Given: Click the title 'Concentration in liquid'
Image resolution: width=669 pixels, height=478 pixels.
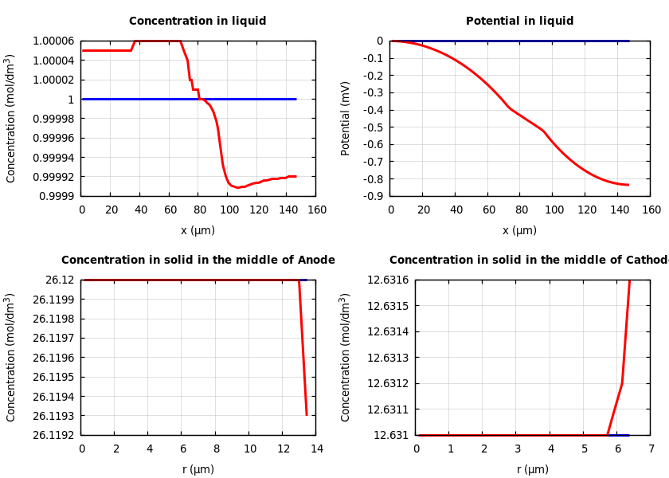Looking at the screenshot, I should pos(198,22).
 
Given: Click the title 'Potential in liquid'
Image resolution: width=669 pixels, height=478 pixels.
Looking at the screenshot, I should pos(519,22).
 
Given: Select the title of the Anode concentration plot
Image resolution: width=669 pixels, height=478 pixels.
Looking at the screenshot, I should pos(198,261).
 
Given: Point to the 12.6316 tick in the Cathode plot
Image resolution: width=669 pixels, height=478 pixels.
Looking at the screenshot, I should pos(388,280).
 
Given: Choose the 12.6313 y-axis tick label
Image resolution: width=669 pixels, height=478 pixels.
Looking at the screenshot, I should pos(388,358).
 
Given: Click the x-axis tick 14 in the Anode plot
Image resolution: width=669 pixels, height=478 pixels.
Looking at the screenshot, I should pos(317,449).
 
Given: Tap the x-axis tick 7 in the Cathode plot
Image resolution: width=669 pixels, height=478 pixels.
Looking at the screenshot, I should pos(651,449).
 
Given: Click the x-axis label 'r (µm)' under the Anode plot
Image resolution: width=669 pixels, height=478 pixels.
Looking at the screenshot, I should pos(198,469).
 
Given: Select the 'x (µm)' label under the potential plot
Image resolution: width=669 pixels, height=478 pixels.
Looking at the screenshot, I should pos(519,231).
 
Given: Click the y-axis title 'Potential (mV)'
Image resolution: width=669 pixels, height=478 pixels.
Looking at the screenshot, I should pos(346,118).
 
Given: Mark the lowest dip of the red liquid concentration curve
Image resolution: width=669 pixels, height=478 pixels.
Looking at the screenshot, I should pos(238,187).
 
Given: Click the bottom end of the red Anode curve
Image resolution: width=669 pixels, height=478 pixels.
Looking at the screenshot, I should pos(307,414).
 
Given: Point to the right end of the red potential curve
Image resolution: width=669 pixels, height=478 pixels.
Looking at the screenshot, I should pos(628,185).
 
